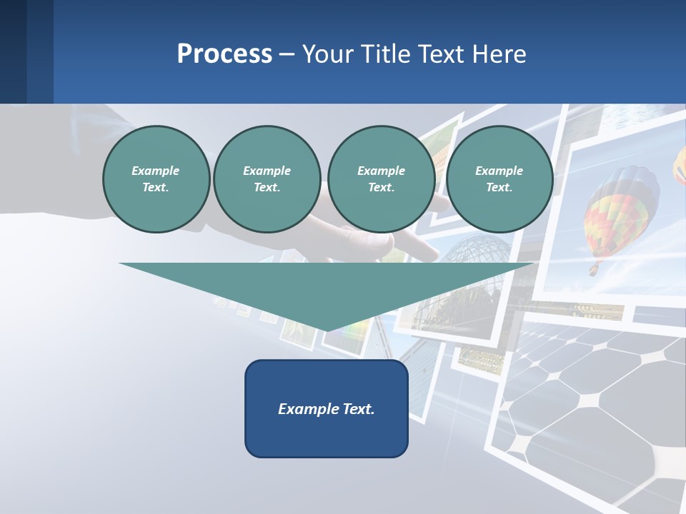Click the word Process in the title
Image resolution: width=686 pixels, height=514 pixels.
point(224,54)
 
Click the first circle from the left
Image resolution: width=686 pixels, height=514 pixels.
point(156,179)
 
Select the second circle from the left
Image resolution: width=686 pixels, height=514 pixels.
point(267,179)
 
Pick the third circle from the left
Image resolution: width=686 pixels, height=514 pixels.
point(381,179)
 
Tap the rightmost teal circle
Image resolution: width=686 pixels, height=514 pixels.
point(499,179)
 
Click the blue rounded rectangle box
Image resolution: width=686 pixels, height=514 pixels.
point(326,408)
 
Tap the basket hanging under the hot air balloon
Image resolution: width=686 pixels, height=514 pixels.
point(594,270)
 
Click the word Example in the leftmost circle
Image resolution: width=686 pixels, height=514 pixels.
point(156,171)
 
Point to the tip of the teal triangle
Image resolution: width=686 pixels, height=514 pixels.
point(327,329)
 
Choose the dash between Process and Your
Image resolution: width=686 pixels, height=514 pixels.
point(287,55)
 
